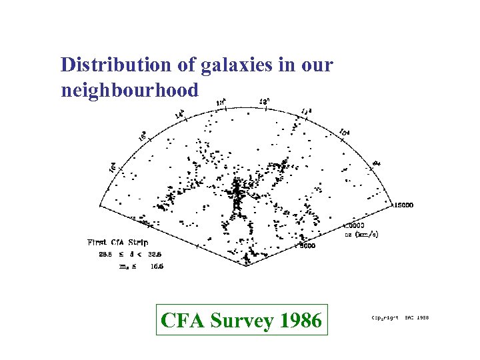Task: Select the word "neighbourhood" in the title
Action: [x=129, y=89]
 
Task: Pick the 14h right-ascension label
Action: [x=179, y=114]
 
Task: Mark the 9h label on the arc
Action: [x=376, y=163]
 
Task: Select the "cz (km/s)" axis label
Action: [x=362, y=234]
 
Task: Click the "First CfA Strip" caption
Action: [x=117, y=242]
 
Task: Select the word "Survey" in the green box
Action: [x=241, y=321]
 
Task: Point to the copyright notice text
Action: [x=400, y=318]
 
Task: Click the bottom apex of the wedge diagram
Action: [x=247, y=265]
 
